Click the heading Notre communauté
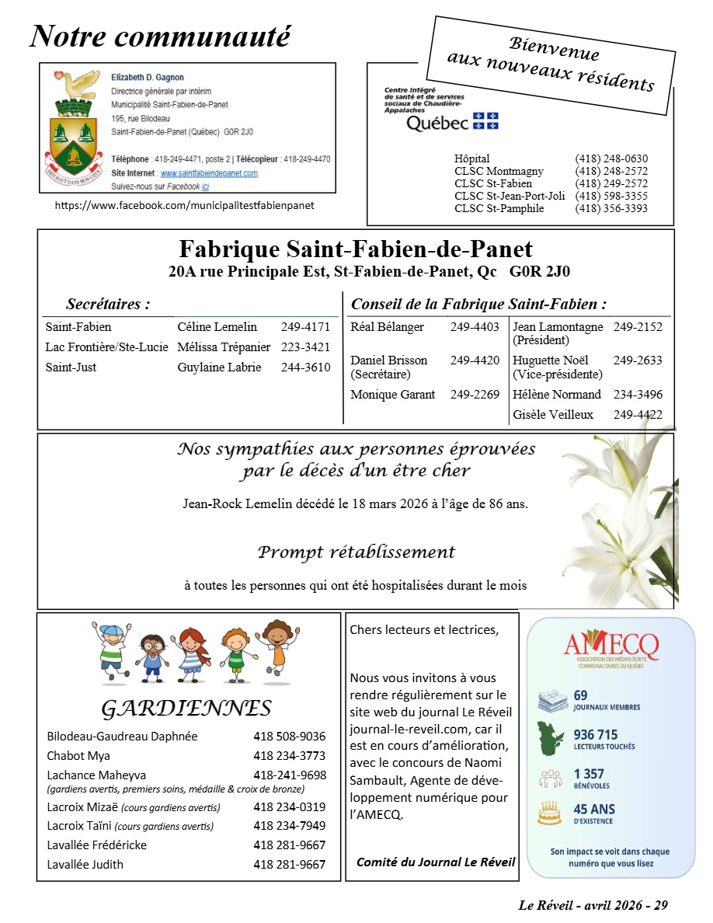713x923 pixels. click(160, 36)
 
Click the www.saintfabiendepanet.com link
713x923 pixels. click(209, 173)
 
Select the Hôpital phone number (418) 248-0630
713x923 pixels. click(611, 158)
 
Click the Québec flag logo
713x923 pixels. click(485, 121)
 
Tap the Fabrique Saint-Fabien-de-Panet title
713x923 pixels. click(356, 249)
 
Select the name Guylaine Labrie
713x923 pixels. click(219, 367)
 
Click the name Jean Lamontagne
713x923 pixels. click(557, 327)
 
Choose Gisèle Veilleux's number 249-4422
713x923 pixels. click(638, 415)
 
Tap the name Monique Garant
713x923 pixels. click(393, 395)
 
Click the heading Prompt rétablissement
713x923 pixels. click(356, 552)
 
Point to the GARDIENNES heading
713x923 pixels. click(186, 709)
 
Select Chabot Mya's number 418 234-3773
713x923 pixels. click(289, 756)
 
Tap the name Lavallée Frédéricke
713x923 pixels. click(97, 845)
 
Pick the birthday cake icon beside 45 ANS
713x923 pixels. click(549, 813)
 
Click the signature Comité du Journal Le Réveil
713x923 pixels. click(436, 862)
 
